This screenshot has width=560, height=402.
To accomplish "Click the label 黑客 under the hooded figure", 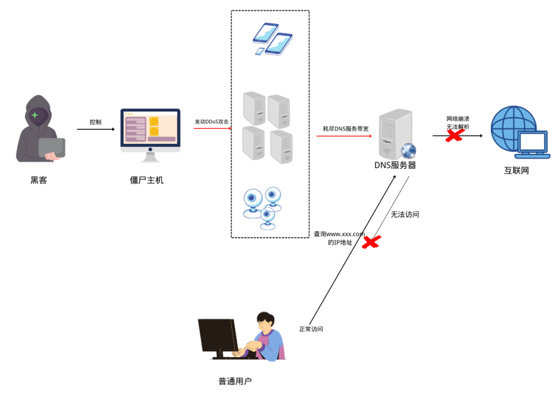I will click(39, 180).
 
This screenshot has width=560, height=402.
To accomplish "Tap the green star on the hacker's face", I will click(35, 115).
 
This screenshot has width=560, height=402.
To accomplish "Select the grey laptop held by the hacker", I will click(52, 148).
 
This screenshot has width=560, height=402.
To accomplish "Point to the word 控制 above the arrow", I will click(95, 122).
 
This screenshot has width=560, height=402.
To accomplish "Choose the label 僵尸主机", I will click(147, 180).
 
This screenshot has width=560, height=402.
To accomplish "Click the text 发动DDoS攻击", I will click(212, 122).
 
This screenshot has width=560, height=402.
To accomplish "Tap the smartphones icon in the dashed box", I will click(272, 39).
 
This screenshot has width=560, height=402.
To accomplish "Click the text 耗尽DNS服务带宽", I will click(345, 128).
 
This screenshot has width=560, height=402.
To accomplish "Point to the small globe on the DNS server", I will click(409, 151).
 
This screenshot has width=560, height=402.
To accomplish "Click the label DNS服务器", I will click(395, 165).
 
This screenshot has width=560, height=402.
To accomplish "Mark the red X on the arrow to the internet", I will click(455, 136).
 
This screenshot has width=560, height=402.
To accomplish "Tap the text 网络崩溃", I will click(458, 119).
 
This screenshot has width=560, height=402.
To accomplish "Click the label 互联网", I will click(516, 170).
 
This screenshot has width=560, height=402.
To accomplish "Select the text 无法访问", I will click(404, 214).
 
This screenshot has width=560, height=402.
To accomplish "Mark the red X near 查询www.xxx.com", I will click(372, 242).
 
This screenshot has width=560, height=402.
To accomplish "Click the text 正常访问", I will click(311, 329).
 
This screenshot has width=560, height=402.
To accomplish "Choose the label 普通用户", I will click(235, 381).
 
